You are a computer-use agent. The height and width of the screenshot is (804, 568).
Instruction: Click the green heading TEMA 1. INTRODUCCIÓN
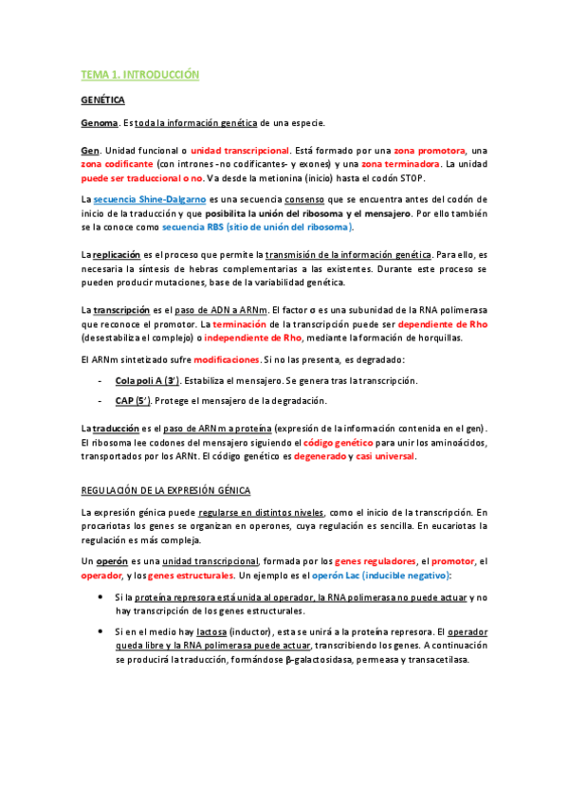(139, 74)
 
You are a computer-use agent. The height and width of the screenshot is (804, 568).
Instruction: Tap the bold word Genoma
(100, 123)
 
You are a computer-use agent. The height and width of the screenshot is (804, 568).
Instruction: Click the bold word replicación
(120, 255)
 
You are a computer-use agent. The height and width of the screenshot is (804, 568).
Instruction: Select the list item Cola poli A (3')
(147, 380)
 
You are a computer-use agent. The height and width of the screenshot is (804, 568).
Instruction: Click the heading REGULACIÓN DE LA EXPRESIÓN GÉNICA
(166, 490)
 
